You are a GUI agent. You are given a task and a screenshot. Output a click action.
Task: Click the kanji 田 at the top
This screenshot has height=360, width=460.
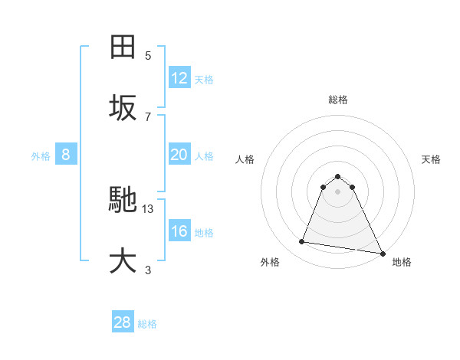[x=123, y=47]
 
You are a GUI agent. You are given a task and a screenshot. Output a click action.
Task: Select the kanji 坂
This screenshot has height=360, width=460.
[x=123, y=107]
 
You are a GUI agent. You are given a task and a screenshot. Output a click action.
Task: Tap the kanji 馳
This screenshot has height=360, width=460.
[x=123, y=201]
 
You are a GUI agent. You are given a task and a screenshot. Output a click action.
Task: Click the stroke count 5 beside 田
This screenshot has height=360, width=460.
[x=148, y=55]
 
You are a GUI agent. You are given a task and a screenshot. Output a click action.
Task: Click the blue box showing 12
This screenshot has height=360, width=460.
[x=179, y=78]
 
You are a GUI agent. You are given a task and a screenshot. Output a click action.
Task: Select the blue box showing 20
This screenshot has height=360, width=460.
[x=179, y=155]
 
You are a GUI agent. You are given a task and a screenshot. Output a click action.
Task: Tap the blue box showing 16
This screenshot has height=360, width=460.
[x=179, y=231]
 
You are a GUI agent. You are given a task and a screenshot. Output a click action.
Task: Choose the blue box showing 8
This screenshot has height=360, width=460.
[x=66, y=155]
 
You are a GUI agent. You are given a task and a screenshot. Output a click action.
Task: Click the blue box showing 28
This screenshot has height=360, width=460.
[x=123, y=322]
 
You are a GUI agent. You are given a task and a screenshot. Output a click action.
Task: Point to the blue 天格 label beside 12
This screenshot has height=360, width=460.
[x=204, y=80]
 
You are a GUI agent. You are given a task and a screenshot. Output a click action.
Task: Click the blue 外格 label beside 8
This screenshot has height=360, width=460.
[x=41, y=156]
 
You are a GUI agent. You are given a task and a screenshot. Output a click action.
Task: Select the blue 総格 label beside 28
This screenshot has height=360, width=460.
[x=147, y=324]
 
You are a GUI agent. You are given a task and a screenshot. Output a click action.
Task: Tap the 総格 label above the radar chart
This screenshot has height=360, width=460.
[x=338, y=100]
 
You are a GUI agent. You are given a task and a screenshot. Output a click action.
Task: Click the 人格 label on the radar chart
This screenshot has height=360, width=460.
[x=245, y=159]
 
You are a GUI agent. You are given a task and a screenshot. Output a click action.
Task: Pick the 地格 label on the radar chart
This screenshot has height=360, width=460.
[x=402, y=262]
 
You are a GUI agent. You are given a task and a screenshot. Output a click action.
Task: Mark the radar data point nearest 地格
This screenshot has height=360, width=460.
[x=382, y=252]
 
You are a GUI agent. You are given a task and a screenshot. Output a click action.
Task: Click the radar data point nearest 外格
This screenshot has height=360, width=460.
[x=302, y=242]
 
